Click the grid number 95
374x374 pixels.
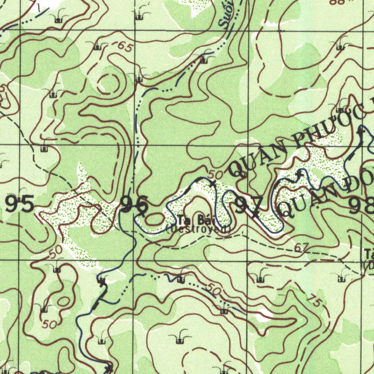[20, 204]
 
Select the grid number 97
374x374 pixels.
[249, 205]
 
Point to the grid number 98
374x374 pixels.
[362, 206]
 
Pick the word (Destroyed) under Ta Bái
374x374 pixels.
[199, 229]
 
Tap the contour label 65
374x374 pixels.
[125, 47]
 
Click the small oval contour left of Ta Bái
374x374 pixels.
[155, 219]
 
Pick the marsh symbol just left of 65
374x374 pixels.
[97, 46]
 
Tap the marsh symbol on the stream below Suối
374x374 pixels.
[204, 58]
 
